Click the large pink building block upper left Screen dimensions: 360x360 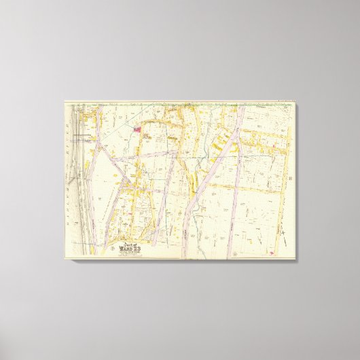137,126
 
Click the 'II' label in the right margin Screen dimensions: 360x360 290,179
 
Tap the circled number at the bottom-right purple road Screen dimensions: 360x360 232,255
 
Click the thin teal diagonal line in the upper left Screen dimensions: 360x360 102,129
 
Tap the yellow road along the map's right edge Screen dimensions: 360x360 281,204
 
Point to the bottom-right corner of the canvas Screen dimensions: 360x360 297,262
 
